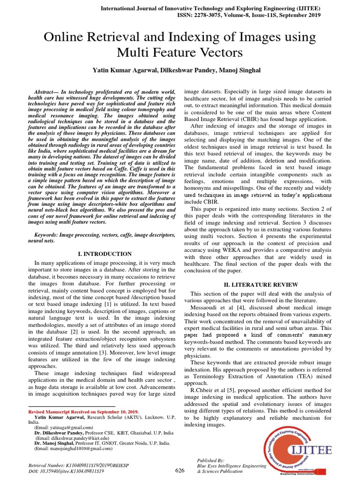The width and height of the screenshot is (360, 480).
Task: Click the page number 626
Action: click(x=180, y=471)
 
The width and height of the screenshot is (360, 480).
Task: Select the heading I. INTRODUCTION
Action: click(x=105, y=254)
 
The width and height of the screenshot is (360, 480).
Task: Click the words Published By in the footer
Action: click(x=211, y=461)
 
